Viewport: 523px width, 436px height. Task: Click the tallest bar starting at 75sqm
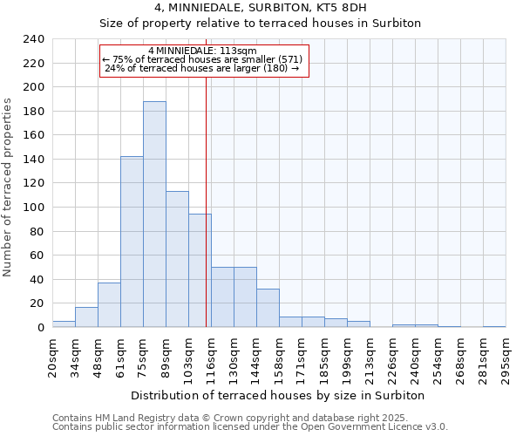154,215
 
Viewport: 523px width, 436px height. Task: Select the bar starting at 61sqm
132,242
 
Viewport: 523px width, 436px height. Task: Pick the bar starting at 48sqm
109,305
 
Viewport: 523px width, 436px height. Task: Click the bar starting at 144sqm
268,308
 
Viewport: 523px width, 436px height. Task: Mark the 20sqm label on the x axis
53,356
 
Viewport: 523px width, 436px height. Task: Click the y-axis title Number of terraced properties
9,187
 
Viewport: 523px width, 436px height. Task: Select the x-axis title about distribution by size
282,395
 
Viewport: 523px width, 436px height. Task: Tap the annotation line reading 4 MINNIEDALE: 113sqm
202,51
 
